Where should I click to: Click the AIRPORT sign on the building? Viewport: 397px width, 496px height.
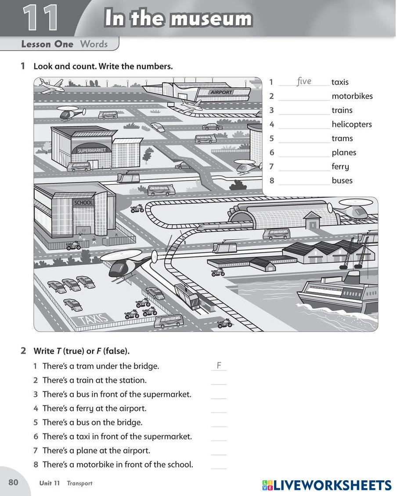(x=221, y=93)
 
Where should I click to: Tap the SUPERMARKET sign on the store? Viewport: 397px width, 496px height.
(x=92, y=150)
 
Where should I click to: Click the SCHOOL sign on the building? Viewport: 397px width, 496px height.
(x=83, y=203)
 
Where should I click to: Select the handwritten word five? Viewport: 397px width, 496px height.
(x=304, y=81)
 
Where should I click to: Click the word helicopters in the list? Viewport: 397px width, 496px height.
(x=351, y=124)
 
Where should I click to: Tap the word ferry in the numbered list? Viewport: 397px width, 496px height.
(x=340, y=166)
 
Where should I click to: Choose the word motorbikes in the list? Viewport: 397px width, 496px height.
(x=352, y=96)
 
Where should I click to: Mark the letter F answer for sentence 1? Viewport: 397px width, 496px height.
(x=219, y=366)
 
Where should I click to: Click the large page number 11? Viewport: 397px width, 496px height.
(x=40, y=19)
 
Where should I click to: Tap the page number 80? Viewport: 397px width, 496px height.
(x=13, y=482)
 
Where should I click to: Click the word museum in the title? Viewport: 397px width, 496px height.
(x=211, y=19)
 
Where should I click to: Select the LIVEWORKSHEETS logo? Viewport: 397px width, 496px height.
(x=327, y=485)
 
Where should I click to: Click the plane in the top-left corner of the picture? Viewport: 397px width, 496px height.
(x=51, y=85)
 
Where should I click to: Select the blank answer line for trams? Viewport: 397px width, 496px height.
(x=304, y=142)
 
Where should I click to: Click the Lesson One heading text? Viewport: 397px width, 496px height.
(x=47, y=44)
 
